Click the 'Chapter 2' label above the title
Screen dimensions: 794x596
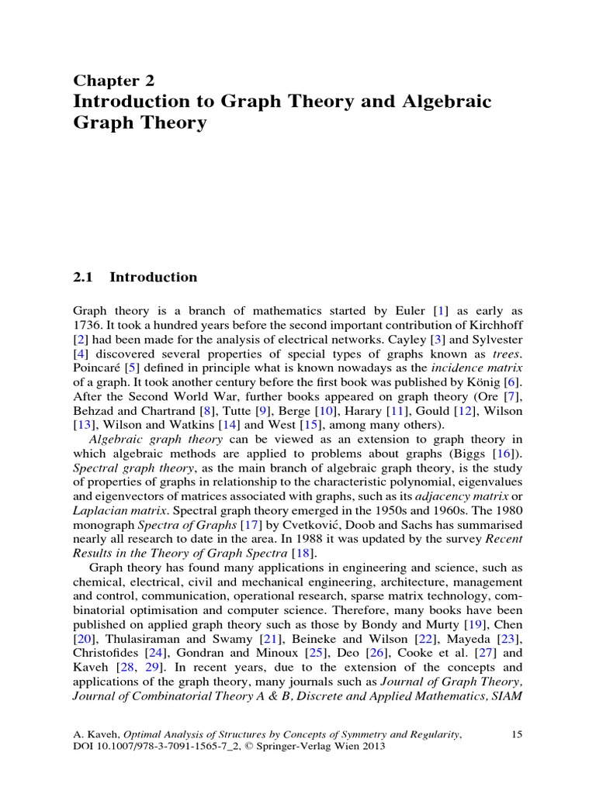click(x=114, y=81)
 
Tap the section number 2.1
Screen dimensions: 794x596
click(x=83, y=277)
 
